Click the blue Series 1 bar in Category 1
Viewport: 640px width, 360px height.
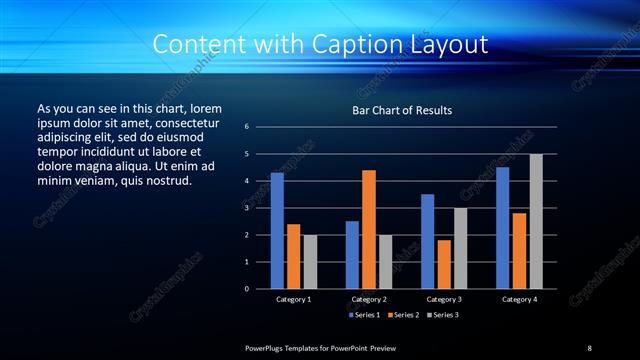277,231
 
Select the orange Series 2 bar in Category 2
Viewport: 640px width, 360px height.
369,229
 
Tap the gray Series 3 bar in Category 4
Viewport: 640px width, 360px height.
536,221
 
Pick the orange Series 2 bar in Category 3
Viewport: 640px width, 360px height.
444,264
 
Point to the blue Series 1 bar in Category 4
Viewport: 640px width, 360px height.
502,228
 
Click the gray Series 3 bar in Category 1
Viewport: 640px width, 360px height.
310,262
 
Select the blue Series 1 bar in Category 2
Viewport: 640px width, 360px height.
352,255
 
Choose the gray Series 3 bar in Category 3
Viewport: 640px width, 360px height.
460,248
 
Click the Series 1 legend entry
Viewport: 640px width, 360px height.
364,315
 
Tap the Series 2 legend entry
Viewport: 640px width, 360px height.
402,315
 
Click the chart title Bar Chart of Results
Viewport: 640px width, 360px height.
402,110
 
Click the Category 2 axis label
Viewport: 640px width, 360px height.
369,299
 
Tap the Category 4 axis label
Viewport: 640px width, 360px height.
519,299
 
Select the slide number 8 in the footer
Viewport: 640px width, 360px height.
589,348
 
